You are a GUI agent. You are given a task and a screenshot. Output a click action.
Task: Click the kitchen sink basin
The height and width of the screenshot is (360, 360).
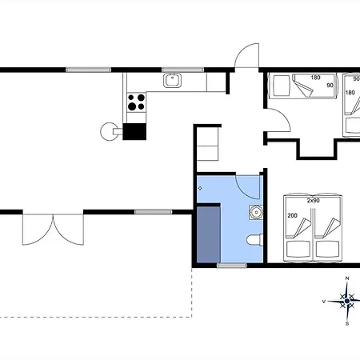(172, 80)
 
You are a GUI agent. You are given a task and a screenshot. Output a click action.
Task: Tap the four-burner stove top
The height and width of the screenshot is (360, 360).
(136, 102)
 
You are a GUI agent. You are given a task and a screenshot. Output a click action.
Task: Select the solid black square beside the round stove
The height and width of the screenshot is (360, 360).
(134, 131)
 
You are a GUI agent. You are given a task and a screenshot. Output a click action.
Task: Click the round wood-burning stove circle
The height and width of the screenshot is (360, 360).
(109, 131)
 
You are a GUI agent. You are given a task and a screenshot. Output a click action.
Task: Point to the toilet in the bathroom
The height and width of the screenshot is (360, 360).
(255, 239)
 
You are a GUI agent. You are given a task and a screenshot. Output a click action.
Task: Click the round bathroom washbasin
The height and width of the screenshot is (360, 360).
(256, 212)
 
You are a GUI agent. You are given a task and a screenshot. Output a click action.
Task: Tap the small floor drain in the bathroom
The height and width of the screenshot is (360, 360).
(200, 188)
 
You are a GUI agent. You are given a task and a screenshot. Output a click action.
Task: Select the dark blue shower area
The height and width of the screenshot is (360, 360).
(209, 234)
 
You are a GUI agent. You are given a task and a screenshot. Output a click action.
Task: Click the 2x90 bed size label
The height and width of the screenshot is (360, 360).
(313, 201)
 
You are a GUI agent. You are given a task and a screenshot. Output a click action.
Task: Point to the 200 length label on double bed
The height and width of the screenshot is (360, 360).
(292, 215)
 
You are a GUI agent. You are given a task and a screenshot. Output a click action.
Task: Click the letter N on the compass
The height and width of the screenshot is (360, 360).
(347, 278)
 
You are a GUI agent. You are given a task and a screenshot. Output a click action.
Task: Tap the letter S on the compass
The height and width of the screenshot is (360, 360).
(347, 324)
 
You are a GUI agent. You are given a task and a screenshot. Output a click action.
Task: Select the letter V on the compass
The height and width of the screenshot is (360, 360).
(324, 302)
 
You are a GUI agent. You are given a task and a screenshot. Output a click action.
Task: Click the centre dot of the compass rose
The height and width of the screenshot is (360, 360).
(347, 301)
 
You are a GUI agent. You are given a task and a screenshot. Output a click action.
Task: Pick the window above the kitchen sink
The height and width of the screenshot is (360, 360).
(183, 70)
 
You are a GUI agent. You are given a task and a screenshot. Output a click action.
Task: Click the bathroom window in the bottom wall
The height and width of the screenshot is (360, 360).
(232, 266)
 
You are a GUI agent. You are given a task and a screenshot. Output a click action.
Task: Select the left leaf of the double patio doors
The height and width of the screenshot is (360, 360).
(38, 230)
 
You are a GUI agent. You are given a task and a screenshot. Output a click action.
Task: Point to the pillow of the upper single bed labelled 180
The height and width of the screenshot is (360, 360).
(282, 85)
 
